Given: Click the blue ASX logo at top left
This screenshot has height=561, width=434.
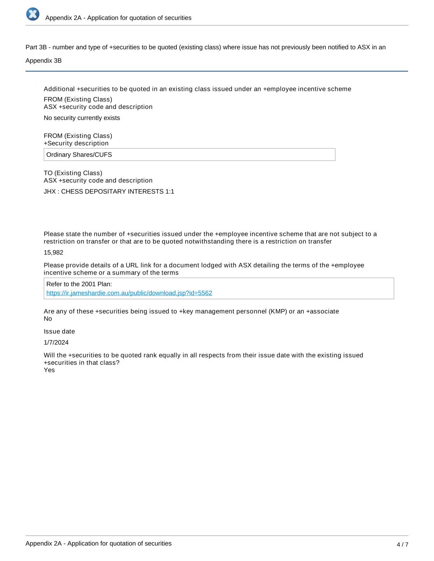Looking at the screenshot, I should (x=33, y=14).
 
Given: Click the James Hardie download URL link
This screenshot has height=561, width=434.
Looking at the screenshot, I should (x=129, y=293).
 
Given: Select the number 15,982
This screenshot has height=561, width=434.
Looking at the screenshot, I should (x=53, y=252).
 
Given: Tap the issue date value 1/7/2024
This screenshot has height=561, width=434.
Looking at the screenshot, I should (x=56, y=342).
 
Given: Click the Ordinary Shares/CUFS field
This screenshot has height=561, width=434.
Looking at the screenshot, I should (x=189, y=155).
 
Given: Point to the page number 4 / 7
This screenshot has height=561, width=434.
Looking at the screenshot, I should (x=402, y=545).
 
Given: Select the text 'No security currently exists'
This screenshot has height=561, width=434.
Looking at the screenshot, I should (x=82, y=118).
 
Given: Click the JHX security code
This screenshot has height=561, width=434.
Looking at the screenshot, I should (x=50, y=192).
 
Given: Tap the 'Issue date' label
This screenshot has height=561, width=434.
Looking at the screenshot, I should (x=59, y=331).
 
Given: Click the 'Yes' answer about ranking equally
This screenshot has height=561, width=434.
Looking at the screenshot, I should (x=49, y=370).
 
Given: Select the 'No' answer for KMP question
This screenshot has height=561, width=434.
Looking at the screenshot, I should (x=48, y=319).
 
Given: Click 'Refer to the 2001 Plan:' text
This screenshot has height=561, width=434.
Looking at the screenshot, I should (x=79, y=284).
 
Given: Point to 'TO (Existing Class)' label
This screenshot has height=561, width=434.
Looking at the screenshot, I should (x=73, y=173).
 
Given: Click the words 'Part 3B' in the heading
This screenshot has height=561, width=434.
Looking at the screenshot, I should (x=36, y=47).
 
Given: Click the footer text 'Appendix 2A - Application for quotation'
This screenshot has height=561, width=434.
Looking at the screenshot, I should (x=98, y=543).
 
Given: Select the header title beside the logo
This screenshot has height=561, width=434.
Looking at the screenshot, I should (x=118, y=18).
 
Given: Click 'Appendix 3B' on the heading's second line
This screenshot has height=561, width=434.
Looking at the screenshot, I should (x=44, y=61).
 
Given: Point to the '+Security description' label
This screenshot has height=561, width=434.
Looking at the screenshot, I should (x=76, y=143).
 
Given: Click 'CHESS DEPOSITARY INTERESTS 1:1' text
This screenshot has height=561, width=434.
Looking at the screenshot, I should (x=117, y=192).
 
